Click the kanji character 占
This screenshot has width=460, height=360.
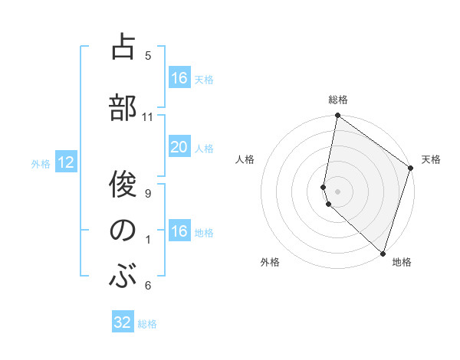[x=123, y=47]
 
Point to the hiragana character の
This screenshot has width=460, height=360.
[x=123, y=230]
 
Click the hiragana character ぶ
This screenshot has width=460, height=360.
[x=123, y=275]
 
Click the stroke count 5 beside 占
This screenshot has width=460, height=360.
[x=148, y=55]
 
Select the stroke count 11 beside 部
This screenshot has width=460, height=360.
[x=148, y=117]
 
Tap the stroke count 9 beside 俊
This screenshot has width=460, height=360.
[x=148, y=194]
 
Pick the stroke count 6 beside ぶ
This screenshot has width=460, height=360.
[x=148, y=286]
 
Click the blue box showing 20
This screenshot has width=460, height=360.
[x=179, y=147]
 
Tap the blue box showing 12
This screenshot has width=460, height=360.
[x=65, y=162]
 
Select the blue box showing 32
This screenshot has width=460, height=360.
[x=123, y=322]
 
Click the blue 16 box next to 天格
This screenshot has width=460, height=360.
[x=179, y=78]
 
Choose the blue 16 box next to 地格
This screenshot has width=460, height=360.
[x=179, y=231]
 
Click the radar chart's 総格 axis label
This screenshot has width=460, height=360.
[x=338, y=100]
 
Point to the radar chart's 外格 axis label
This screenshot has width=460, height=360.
[x=270, y=262]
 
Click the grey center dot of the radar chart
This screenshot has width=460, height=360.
[x=338, y=191]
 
